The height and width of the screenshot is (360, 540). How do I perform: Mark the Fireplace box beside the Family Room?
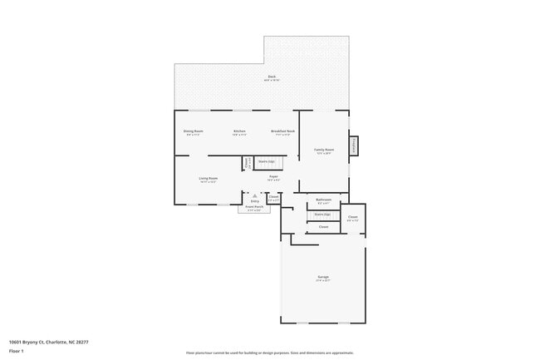click(354, 145)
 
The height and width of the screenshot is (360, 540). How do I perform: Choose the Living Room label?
click(208, 179)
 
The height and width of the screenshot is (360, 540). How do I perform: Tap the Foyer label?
click(273, 177)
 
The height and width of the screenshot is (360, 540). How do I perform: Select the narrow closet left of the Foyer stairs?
click(247, 163)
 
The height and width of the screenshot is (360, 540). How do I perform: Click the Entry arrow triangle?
click(254, 195)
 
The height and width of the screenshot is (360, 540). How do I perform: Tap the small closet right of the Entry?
click(273, 198)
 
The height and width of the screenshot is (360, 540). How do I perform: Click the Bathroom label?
click(324, 200)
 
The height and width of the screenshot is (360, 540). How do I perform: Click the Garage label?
click(323, 278)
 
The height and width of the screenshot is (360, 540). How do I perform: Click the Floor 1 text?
click(17, 351)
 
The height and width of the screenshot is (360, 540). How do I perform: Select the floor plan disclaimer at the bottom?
click(270, 353)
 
